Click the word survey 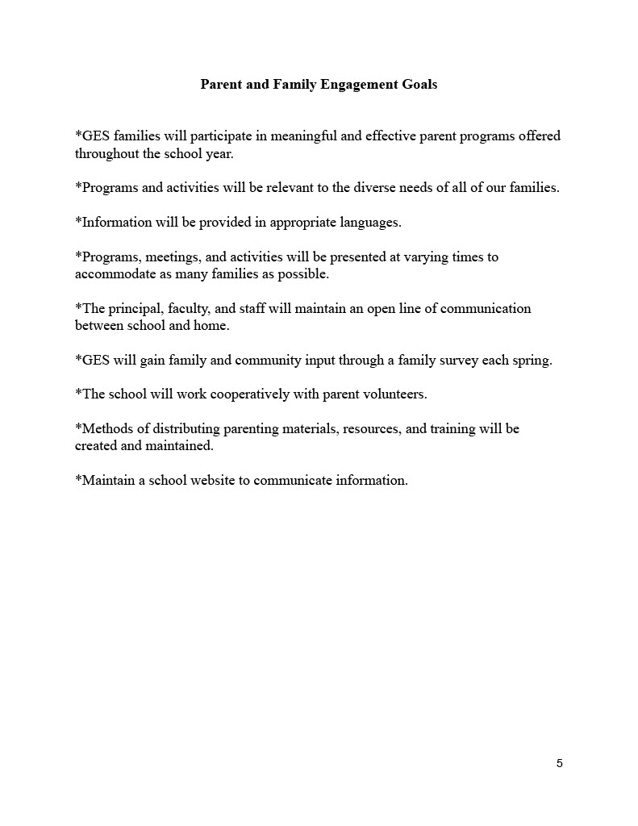(x=454, y=360)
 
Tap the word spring (x=532, y=361)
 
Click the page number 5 (x=560, y=764)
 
